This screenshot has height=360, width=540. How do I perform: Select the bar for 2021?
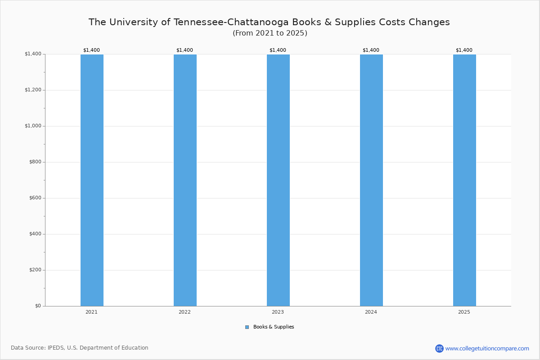[92, 180]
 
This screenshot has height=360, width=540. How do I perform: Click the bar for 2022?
[185, 180]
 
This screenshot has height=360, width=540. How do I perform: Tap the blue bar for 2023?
[278, 180]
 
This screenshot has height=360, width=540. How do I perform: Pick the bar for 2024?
[371, 180]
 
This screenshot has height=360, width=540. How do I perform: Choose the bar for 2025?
[464, 180]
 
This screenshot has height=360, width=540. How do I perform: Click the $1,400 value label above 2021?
[91, 50]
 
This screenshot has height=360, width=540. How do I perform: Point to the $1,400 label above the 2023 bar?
[278, 50]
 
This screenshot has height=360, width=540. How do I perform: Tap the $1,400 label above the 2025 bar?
[464, 50]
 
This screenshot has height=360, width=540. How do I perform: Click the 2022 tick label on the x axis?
[184, 312]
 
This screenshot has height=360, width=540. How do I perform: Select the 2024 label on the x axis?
[371, 312]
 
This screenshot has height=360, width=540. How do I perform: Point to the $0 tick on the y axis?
[38, 306]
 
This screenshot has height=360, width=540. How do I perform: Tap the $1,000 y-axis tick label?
[33, 126]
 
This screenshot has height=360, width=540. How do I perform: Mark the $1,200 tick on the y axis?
[33, 90]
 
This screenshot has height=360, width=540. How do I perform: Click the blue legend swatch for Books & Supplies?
[247, 327]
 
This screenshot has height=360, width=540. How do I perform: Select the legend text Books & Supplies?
[274, 327]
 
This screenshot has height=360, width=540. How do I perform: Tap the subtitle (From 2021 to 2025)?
[270, 33]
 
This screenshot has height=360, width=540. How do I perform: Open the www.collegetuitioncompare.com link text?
[487, 348]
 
